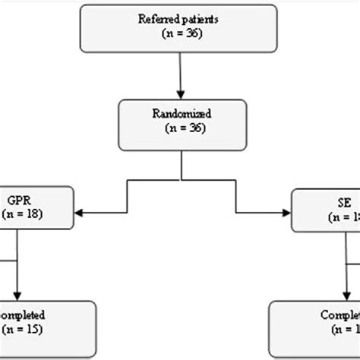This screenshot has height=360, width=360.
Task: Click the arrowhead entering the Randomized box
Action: (180, 93)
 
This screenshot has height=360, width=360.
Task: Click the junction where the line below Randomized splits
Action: (180, 181)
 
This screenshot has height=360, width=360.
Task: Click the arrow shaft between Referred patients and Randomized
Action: (180, 72)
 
